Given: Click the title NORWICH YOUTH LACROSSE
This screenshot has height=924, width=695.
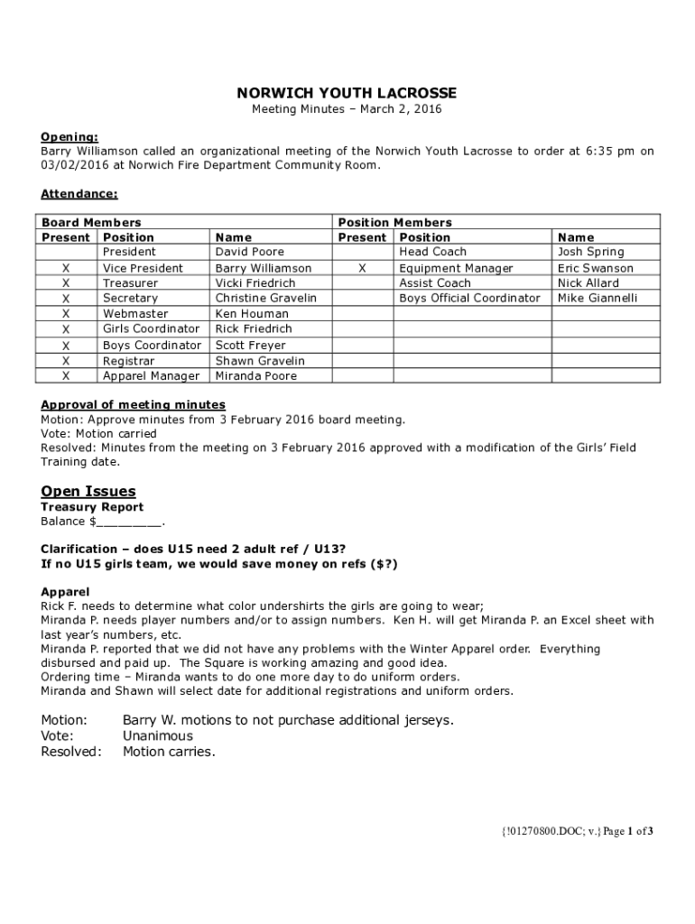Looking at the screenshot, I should coord(347,93).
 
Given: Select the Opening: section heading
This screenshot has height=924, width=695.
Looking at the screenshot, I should coord(69,136).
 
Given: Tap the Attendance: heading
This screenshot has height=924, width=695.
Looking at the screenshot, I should coord(79,194).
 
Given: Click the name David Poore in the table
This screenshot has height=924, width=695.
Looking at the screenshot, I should coord(249,252).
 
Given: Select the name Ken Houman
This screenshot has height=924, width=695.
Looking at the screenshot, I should coord(252,313).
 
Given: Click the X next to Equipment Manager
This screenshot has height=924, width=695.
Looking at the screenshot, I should coord(362,268).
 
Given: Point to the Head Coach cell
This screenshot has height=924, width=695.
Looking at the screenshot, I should coord(432,252).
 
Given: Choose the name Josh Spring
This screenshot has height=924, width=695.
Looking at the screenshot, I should coord(590,252).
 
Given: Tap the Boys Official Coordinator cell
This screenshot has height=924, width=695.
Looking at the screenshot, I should coord(469,298).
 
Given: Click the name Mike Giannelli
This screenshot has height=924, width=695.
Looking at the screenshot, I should coord(598,298).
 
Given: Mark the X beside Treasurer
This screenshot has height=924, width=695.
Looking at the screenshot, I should coord(66,282).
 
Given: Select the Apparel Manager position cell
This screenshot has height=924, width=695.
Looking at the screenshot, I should coord(151,375).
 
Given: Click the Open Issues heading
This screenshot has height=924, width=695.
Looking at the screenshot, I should coord(88,491).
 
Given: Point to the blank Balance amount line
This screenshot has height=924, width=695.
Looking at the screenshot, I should coord(128,522).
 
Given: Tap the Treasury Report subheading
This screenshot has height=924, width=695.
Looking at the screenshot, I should coord(92,507).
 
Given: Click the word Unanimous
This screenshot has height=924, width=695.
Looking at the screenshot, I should coord(158,735).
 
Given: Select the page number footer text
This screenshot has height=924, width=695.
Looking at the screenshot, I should coord(577,831).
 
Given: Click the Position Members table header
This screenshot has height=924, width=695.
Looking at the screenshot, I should coord(394,222).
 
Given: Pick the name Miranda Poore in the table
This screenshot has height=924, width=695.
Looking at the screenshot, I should coord(255,375).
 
